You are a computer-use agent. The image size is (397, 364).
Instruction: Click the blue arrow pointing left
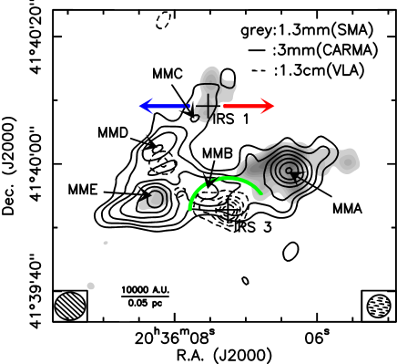click(x=164, y=106)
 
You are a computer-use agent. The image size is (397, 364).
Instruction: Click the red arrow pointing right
click(x=248, y=106)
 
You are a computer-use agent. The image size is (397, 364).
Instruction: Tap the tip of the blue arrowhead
click(x=139, y=106)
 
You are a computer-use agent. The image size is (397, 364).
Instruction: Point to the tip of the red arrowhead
click(x=274, y=106)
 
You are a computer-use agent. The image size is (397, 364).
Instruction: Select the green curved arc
click(x=223, y=180)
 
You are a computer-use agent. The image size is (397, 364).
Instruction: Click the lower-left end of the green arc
click(x=190, y=209)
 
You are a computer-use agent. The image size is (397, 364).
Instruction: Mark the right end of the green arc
click(x=261, y=193)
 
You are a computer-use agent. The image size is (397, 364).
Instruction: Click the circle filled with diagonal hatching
click(x=70, y=306)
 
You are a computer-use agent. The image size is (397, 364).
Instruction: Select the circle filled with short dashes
click(x=379, y=307)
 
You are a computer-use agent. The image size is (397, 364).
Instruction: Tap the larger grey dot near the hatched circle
click(x=90, y=286)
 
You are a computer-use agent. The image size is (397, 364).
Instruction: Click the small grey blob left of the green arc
click(x=156, y=199)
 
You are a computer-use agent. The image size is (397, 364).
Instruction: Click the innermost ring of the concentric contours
click(x=287, y=170)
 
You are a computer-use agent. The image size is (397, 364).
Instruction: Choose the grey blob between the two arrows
click(x=211, y=93)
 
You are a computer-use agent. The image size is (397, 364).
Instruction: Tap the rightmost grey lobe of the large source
click(x=347, y=161)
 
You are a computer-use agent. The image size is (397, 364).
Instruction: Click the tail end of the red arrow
click(x=224, y=106)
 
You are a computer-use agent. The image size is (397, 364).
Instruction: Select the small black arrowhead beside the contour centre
click(x=296, y=173)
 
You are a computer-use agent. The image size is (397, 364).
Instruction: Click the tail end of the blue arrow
click(x=188, y=106)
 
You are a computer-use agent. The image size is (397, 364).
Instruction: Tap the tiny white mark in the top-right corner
click(x=392, y=11)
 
